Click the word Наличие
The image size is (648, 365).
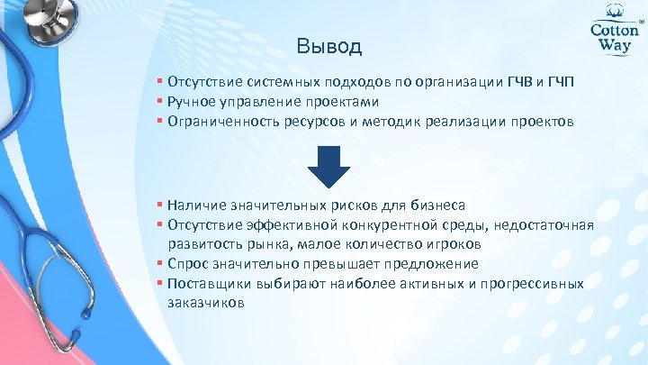point(193,205)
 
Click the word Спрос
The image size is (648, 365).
point(185,264)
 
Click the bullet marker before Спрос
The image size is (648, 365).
point(158,264)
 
